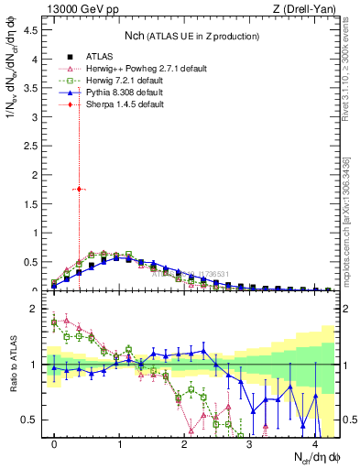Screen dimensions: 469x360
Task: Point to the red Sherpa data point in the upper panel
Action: [80, 189]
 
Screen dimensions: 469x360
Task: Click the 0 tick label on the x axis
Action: [55, 443]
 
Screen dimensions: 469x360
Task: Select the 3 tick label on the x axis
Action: [250, 443]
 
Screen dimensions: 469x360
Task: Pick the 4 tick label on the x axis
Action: [315, 443]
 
